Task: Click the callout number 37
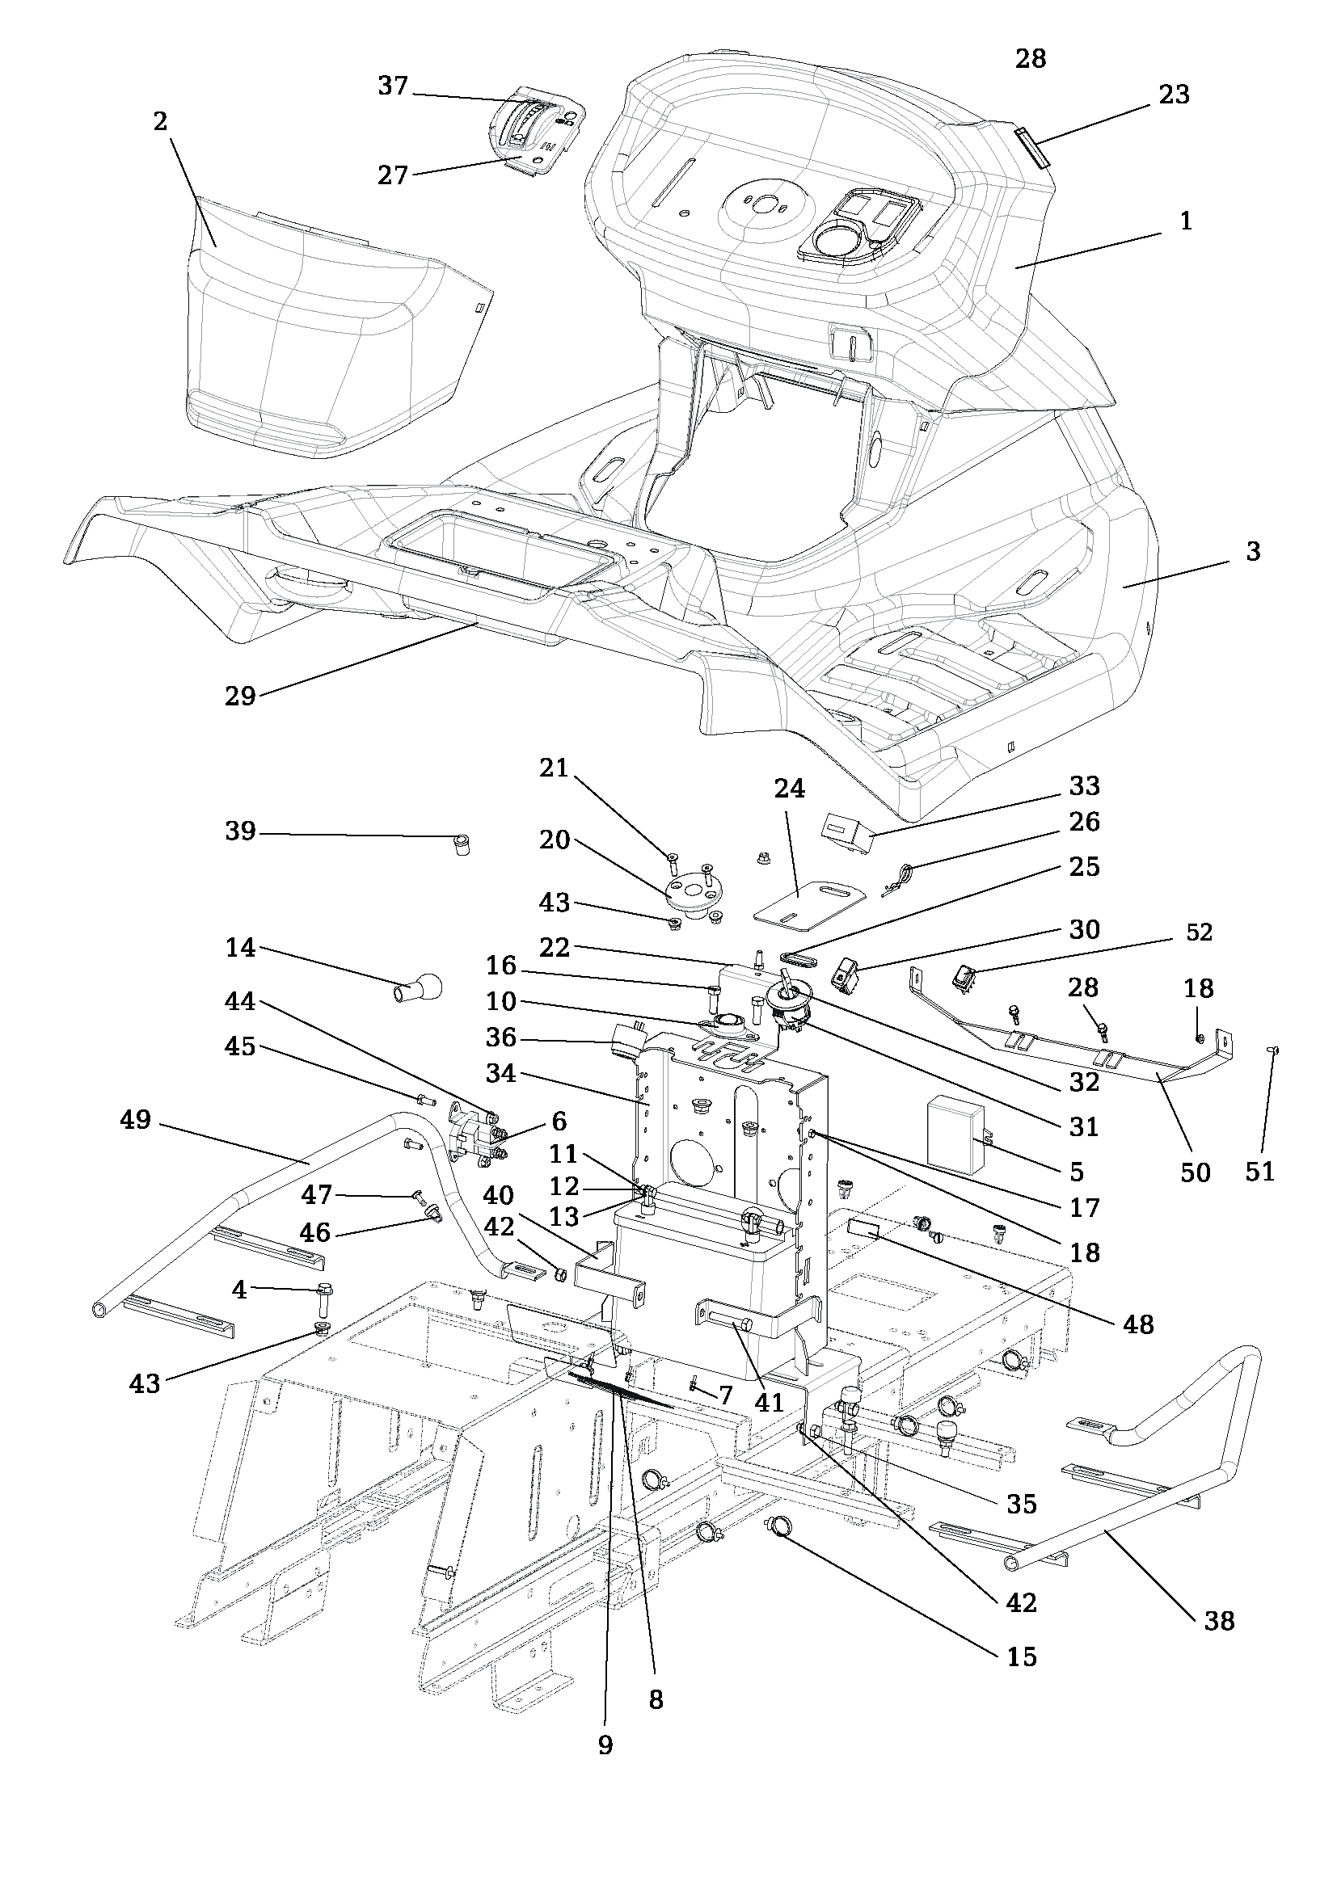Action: point(393,86)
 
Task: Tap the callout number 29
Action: point(240,697)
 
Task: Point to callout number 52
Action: point(1200,932)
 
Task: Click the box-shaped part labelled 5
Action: point(955,1134)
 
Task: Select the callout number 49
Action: point(136,1119)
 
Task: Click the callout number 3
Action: point(1253,552)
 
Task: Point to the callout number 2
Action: point(160,121)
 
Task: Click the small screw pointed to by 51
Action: point(1274,1050)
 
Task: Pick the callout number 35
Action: point(1022,1504)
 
